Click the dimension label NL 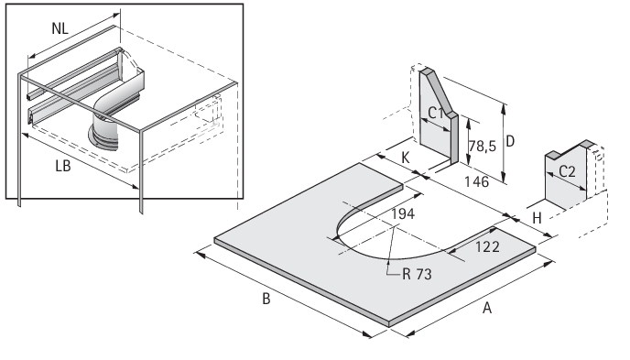click(x=60, y=28)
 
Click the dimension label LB click(x=63, y=166)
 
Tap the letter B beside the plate click(x=266, y=299)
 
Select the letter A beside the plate click(x=487, y=308)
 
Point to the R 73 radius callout click(x=417, y=274)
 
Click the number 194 click(x=403, y=213)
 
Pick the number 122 click(x=487, y=246)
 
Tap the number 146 click(x=476, y=181)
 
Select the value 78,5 click(x=483, y=147)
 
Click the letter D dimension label click(x=510, y=141)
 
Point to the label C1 click(x=436, y=113)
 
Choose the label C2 click(x=567, y=171)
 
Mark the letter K click(x=406, y=158)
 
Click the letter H click(x=537, y=218)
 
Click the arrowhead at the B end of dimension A click(x=410, y=333)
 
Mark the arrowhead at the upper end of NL click(x=115, y=16)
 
